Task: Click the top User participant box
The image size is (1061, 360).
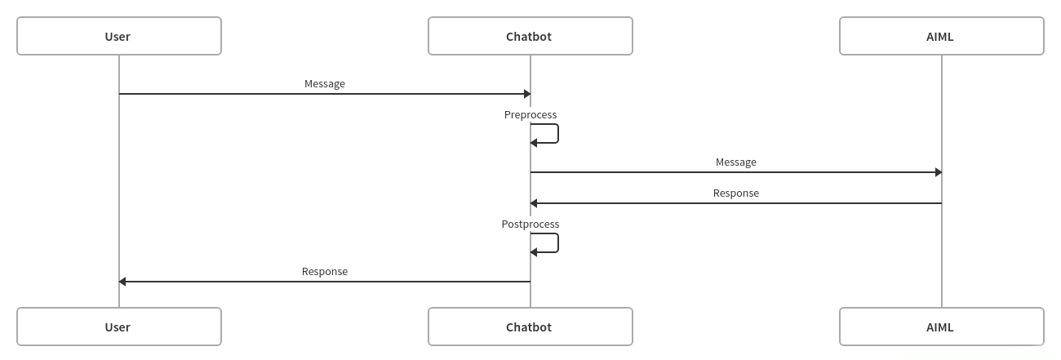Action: click(119, 36)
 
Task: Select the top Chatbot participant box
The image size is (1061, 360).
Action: click(530, 36)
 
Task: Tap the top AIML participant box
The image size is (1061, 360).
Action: click(941, 36)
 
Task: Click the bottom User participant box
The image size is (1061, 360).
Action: click(119, 327)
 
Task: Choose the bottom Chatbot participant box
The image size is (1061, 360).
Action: click(530, 327)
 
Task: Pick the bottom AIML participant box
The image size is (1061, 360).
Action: click(941, 327)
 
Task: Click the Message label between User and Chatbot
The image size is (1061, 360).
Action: click(325, 83)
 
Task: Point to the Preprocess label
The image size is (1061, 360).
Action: click(530, 114)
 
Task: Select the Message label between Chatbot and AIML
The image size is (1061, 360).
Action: click(736, 162)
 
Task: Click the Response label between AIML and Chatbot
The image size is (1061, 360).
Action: click(736, 193)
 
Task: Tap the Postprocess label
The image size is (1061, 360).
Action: click(530, 224)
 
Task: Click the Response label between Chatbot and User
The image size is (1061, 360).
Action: click(325, 271)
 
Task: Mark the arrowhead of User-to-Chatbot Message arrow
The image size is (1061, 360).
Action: click(527, 94)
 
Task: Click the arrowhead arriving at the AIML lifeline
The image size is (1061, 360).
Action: click(939, 172)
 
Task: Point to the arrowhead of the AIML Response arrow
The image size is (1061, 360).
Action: click(534, 203)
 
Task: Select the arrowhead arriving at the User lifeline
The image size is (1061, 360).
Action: click(122, 282)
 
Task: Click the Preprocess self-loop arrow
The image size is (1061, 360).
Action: click(557, 133)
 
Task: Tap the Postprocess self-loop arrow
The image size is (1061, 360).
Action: click(557, 242)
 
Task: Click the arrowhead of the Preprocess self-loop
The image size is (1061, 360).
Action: click(534, 143)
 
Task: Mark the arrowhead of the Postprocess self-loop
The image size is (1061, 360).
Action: click(534, 252)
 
